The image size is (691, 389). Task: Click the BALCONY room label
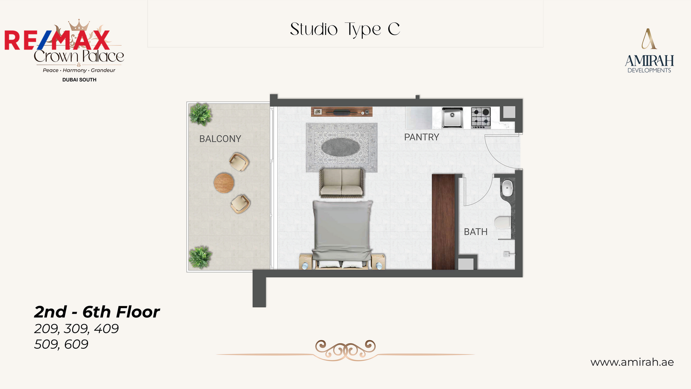pos(220,139)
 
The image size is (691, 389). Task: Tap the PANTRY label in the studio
pos(422,137)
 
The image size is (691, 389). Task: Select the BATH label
pos(475,232)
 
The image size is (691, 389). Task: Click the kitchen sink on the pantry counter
pos(452,117)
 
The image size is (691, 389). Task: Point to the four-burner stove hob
pos(481,118)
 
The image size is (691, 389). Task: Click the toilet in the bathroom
pos(503,222)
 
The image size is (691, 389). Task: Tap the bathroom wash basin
pos(507,188)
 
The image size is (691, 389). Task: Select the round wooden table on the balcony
pos(224,183)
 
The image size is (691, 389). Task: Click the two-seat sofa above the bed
pos(342,182)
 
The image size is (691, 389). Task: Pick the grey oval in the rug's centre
pos(341,147)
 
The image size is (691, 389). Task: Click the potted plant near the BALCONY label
pos(200,114)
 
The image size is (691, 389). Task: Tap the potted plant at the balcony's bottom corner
pos(200,257)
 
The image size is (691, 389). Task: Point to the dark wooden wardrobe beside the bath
pos(443,222)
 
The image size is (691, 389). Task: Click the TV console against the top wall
pos(342,112)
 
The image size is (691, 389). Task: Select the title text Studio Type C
pos(345,30)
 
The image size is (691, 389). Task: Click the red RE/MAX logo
pos(57,40)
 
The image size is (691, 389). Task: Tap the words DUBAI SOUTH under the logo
pos(79,80)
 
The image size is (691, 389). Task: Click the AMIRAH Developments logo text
pos(650,64)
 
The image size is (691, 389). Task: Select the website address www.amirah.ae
pos(632,362)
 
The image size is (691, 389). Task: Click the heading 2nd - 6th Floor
pos(97,312)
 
